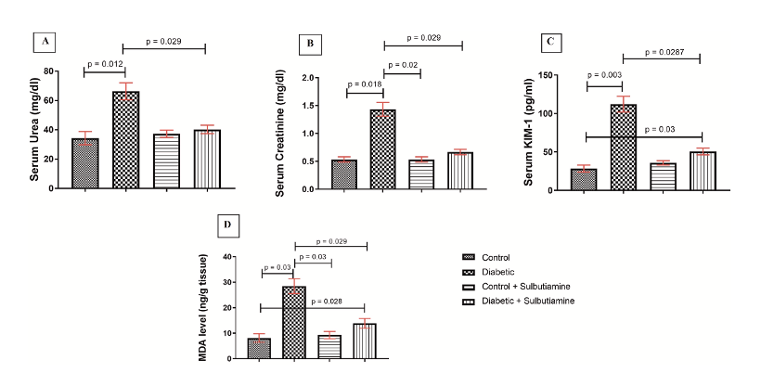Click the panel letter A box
pos(41,41)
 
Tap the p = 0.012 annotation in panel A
pos(104,64)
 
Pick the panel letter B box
pos(310,43)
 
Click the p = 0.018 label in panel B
pos(364,84)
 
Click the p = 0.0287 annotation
pos(660,54)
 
